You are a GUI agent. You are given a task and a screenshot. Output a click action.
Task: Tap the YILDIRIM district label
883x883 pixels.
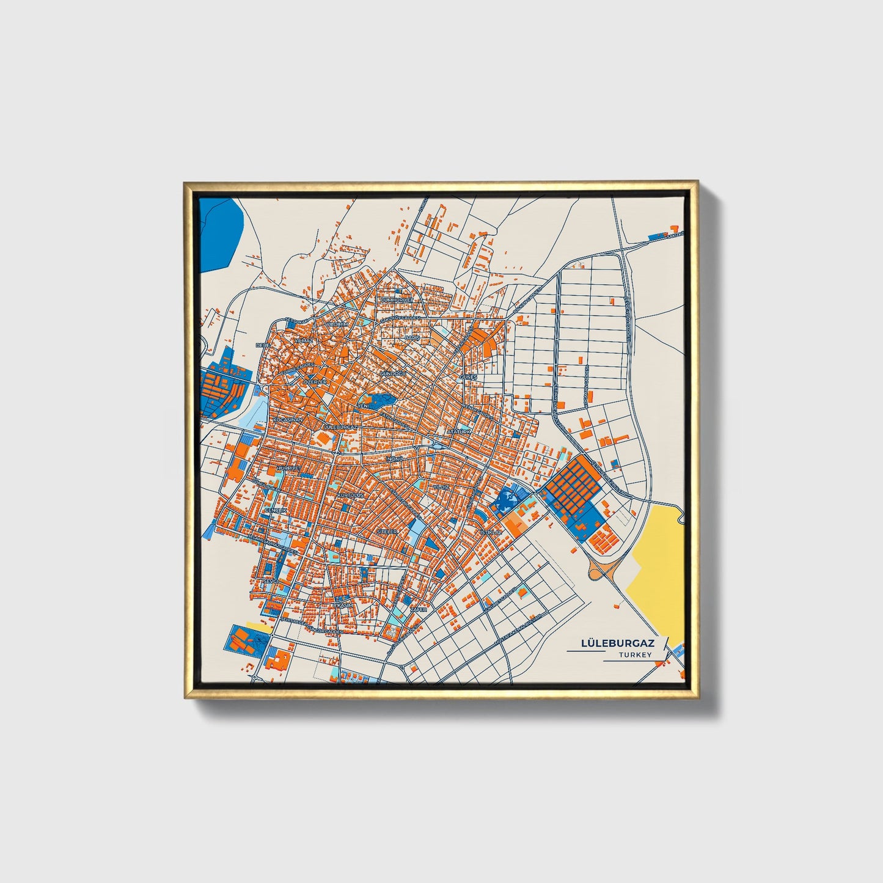[x=336, y=323]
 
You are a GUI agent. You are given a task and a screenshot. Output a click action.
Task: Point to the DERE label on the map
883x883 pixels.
[x=263, y=345]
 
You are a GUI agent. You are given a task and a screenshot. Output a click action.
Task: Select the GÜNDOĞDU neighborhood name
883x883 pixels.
[x=392, y=373]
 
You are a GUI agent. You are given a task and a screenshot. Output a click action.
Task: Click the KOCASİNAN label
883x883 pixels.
[x=287, y=420]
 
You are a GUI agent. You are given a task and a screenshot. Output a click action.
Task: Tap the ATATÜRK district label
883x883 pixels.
[x=460, y=431]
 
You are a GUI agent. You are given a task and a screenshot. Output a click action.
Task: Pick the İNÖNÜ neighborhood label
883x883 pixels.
[x=395, y=458]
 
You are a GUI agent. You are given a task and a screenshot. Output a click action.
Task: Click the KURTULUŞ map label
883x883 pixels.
[x=351, y=494]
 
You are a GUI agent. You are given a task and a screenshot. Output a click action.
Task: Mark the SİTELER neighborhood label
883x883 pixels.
[x=387, y=532]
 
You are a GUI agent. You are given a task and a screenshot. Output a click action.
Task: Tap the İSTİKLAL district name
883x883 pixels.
[x=490, y=532]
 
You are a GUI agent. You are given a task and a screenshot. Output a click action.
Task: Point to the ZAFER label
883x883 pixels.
[x=419, y=609]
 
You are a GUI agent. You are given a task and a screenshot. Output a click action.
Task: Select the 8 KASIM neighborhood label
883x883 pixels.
[x=342, y=604]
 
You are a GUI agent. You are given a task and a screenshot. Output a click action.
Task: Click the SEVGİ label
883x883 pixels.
[x=269, y=581]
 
